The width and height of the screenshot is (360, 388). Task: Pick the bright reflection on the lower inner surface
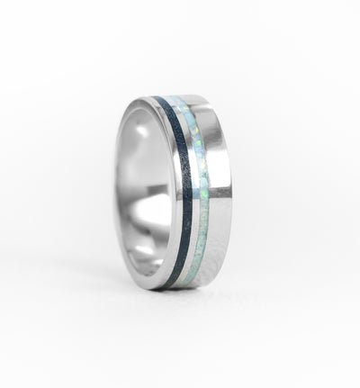(x=144, y=257)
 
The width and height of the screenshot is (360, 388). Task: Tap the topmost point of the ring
(x=171, y=95)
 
